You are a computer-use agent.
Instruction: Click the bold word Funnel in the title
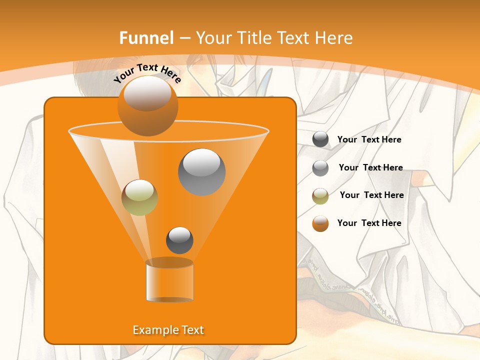[x=146, y=38]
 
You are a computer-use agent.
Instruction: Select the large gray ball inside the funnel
[x=201, y=171]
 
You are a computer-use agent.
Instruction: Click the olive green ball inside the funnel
[x=139, y=197]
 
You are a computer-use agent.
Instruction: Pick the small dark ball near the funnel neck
[x=179, y=240]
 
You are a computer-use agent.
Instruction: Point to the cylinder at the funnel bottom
[x=169, y=282]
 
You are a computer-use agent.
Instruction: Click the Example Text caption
[x=168, y=330]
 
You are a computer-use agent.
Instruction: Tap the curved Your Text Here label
[x=147, y=73]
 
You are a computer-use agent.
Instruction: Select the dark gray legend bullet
[x=320, y=139]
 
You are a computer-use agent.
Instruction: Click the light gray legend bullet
[x=320, y=168]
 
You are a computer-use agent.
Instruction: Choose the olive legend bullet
[x=320, y=196]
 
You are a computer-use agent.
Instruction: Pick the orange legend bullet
[x=320, y=223]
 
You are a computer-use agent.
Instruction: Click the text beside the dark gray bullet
[x=369, y=139]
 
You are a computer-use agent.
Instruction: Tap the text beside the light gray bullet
[x=370, y=167]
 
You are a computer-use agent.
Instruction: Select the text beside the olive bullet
[x=371, y=195]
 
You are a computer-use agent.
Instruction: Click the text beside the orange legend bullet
[x=369, y=223]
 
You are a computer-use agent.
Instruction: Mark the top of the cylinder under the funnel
[x=169, y=262]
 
